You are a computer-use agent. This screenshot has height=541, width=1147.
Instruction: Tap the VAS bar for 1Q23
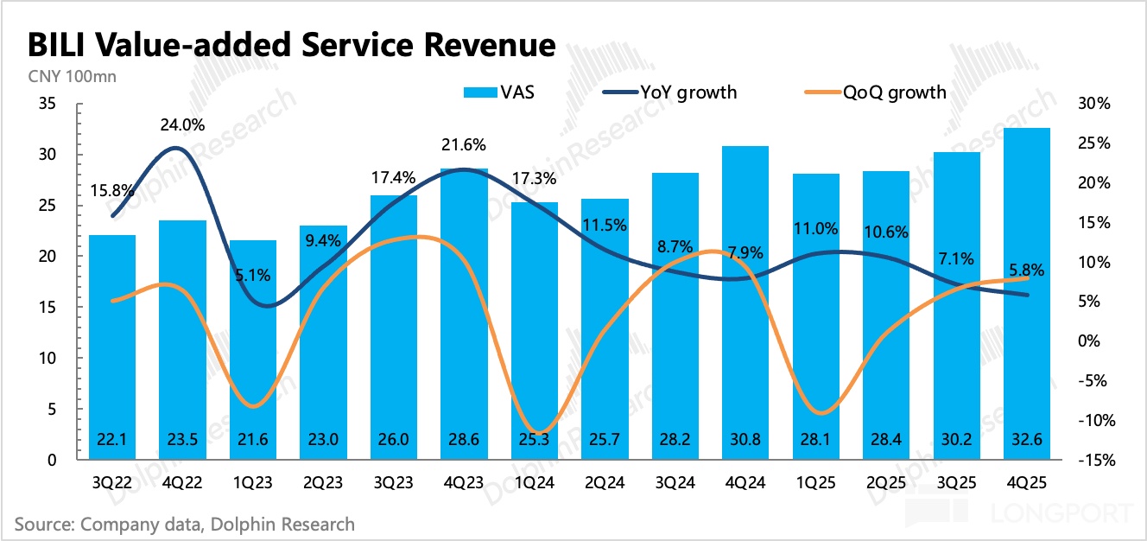coord(253,350)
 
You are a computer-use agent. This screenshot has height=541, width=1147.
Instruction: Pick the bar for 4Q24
coord(745,302)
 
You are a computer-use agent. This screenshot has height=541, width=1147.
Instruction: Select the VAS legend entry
coord(499,92)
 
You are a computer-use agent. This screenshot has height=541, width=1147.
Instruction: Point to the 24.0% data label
coord(182,124)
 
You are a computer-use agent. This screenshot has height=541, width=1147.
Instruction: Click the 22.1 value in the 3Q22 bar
coord(112,439)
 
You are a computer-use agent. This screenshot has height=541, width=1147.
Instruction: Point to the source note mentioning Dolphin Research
coord(184,524)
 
